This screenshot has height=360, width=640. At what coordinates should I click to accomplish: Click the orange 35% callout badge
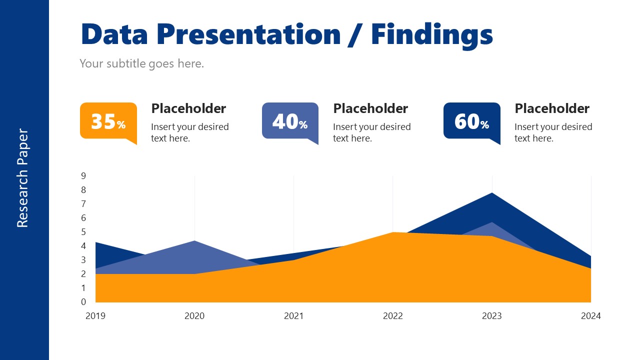pos(108,121)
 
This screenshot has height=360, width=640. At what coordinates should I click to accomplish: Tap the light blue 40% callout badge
pos(290,121)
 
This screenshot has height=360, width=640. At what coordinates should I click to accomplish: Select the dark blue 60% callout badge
pos(471,121)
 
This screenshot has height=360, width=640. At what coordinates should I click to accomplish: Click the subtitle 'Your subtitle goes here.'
pos(142,63)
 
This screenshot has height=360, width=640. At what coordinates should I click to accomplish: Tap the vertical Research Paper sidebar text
pos(23,178)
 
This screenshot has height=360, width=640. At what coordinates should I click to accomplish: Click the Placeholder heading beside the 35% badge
pos(188,108)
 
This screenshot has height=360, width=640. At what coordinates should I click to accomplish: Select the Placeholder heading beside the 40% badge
pos(370,108)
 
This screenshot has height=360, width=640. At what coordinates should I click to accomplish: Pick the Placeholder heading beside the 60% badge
pos(552,108)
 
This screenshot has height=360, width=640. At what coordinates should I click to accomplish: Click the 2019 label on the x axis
pos(95,316)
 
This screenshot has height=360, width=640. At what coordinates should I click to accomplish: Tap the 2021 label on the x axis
pos(293,316)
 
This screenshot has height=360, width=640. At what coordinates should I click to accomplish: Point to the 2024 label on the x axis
pos(590,316)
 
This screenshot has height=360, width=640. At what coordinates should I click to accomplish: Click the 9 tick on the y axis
pos(83,175)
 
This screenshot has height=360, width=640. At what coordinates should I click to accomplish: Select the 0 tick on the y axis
pos(83,302)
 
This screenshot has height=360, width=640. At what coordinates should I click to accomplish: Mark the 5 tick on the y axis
pos(83,232)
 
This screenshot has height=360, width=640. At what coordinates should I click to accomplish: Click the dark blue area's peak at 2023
pos(492,194)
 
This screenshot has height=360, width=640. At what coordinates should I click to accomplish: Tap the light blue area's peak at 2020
pos(194,242)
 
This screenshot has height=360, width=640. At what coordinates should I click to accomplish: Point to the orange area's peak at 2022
pos(393,234)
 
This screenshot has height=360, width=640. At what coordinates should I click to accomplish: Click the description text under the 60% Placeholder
pos(553,132)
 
